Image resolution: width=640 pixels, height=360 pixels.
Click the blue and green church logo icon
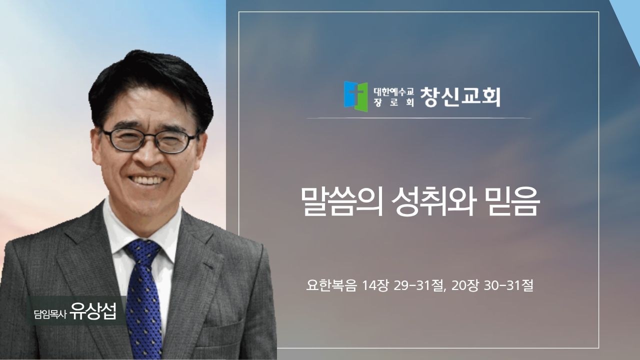click(355, 96)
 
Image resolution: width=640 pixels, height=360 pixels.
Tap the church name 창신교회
click(460, 97)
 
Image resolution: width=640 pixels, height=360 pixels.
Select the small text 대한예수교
click(393, 91)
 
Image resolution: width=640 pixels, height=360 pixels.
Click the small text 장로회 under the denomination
click(393, 102)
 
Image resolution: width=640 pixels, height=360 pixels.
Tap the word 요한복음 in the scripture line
click(331, 285)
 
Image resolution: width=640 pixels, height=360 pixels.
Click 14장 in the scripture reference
click(374, 285)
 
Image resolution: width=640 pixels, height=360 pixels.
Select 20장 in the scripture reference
click(465, 285)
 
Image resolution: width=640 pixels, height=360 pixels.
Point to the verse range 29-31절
click(419, 285)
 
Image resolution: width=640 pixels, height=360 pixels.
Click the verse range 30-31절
click(508, 285)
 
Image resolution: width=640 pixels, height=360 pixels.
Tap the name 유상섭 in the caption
click(93, 310)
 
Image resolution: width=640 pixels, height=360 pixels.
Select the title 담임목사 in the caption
click(50, 314)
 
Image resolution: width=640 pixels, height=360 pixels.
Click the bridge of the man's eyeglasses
click(149, 137)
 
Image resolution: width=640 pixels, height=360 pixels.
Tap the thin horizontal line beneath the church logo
click(419, 117)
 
